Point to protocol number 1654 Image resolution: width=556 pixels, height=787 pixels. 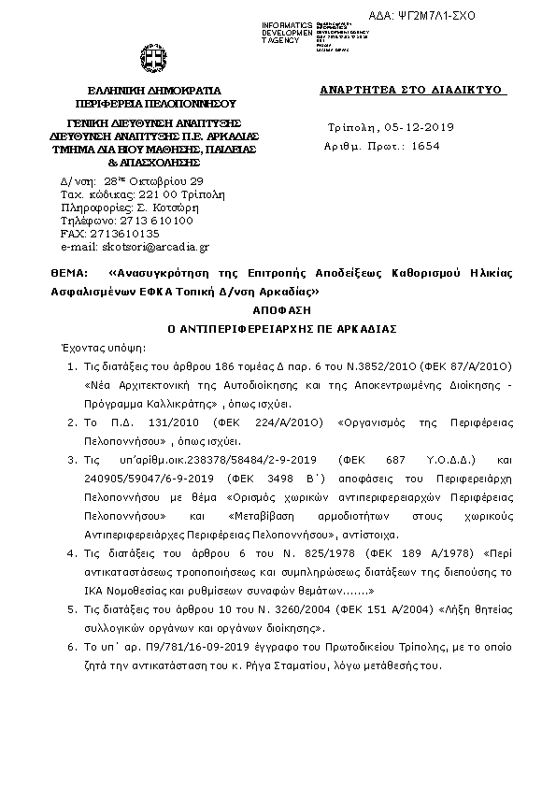click(x=425, y=146)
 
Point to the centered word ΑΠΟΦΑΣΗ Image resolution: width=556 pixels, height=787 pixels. click(x=278, y=309)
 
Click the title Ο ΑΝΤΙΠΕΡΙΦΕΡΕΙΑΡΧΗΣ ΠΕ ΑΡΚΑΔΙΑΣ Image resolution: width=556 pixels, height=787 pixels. click(x=278, y=328)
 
